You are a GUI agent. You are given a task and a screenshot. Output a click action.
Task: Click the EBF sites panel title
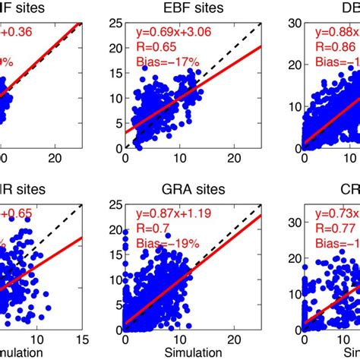click(x=193, y=8)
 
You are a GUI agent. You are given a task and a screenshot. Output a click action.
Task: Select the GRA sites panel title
click(x=193, y=190)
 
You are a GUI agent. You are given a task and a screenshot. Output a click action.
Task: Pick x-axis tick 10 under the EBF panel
click(x=179, y=161)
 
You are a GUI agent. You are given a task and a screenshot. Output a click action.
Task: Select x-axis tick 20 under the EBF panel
click(x=234, y=161)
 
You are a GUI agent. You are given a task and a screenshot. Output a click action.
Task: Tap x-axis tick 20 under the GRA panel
click(x=234, y=341)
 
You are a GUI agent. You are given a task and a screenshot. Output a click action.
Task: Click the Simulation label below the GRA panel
click(x=193, y=353)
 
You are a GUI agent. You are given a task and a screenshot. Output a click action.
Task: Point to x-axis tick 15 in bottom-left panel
click(x=82, y=341)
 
